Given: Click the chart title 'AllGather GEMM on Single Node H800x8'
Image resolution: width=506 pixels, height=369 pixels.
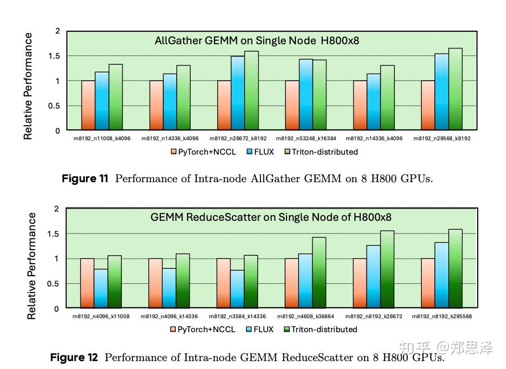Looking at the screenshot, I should [257, 41].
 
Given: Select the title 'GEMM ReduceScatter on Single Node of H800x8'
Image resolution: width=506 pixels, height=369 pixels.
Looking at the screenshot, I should [271, 217].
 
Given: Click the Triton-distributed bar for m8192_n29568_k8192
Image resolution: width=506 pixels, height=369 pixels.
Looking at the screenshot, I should [455, 89].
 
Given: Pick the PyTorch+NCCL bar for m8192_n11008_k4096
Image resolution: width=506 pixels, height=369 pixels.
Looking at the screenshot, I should [88, 105].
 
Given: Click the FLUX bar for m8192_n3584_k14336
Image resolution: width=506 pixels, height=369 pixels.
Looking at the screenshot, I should [238, 289].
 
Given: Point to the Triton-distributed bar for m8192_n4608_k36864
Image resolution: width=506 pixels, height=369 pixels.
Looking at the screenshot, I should [319, 273].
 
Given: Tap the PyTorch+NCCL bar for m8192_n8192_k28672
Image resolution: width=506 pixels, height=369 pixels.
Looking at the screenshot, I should [360, 283].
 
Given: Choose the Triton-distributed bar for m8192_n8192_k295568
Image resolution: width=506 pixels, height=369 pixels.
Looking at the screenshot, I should [455, 268].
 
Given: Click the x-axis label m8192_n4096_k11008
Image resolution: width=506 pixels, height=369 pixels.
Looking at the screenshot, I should [101, 316].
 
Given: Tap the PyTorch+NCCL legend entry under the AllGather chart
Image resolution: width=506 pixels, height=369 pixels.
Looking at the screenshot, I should [203, 152].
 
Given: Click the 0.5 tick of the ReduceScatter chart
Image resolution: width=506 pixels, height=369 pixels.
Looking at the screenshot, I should [54, 284].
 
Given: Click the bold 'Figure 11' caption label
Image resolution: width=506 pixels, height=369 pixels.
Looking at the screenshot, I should [85, 179].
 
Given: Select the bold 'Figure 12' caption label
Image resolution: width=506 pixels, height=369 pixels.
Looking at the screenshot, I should [74, 358].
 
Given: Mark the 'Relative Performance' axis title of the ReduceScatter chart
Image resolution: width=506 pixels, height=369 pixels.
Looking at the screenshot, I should [32, 266].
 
